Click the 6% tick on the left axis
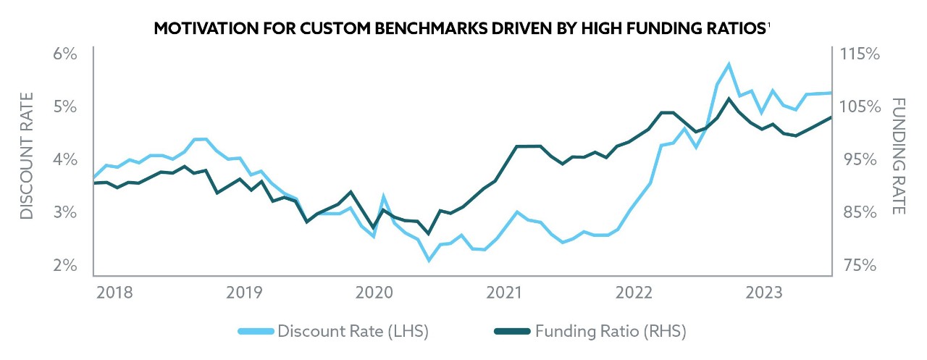tap(64, 54)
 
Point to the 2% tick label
tap(64, 265)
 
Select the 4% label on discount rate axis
tap(64, 159)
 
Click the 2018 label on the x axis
tap(114, 293)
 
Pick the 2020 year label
tap(374, 293)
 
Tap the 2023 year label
tap(764, 293)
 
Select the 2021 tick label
tap(504, 293)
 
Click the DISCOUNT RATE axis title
tap(27, 156)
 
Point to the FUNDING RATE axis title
tap(899, 156)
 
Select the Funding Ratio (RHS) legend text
tap(611, 332)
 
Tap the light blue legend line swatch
tap(257, 332)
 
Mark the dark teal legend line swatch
tap(512, 332)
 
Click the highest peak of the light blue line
tap(729, 64)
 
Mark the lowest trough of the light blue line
tap(429, 259)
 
